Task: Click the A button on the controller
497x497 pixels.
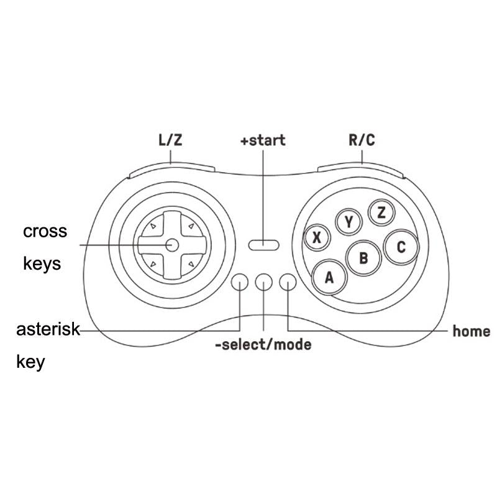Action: pos(330,277)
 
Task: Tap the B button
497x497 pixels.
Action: pos(363,258)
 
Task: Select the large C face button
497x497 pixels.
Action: pos(401,247)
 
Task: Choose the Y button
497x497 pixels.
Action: pos(349,222)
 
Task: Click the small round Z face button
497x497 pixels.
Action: pos(381,212)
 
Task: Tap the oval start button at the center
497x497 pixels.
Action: pos(263,245)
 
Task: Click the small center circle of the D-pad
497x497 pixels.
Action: pos(172,245)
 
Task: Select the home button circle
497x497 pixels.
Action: pos(288,282)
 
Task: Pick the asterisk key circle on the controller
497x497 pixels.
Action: pos(240,282)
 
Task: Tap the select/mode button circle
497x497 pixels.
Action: pos(263,282)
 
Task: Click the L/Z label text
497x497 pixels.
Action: pos(170,140)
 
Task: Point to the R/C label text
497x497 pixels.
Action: pos(362,140)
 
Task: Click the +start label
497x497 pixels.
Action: pos(263,140)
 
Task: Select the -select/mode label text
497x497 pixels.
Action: pos(263,345)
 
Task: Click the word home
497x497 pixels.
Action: pos(472,331)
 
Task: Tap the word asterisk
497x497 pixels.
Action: pos(48,329)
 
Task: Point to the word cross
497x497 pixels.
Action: pos(45,232)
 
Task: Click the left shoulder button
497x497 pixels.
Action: pos(172,170)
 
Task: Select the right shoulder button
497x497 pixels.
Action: pos(360,170)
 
